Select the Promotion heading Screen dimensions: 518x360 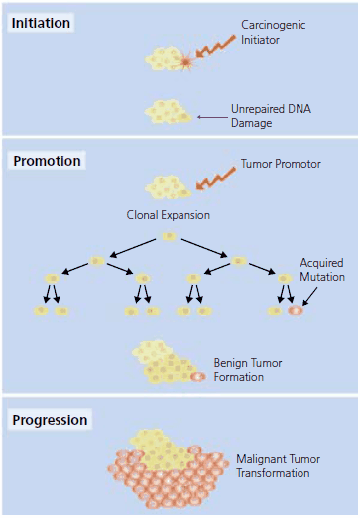click(x=46, y=161)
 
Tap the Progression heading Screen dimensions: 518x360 click(x=50, y=420)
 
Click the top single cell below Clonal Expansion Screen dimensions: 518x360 click(x=168, y=236)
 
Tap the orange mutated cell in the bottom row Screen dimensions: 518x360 click(x=295, y=311)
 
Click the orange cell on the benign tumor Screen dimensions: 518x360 click(x=196, y=376)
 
